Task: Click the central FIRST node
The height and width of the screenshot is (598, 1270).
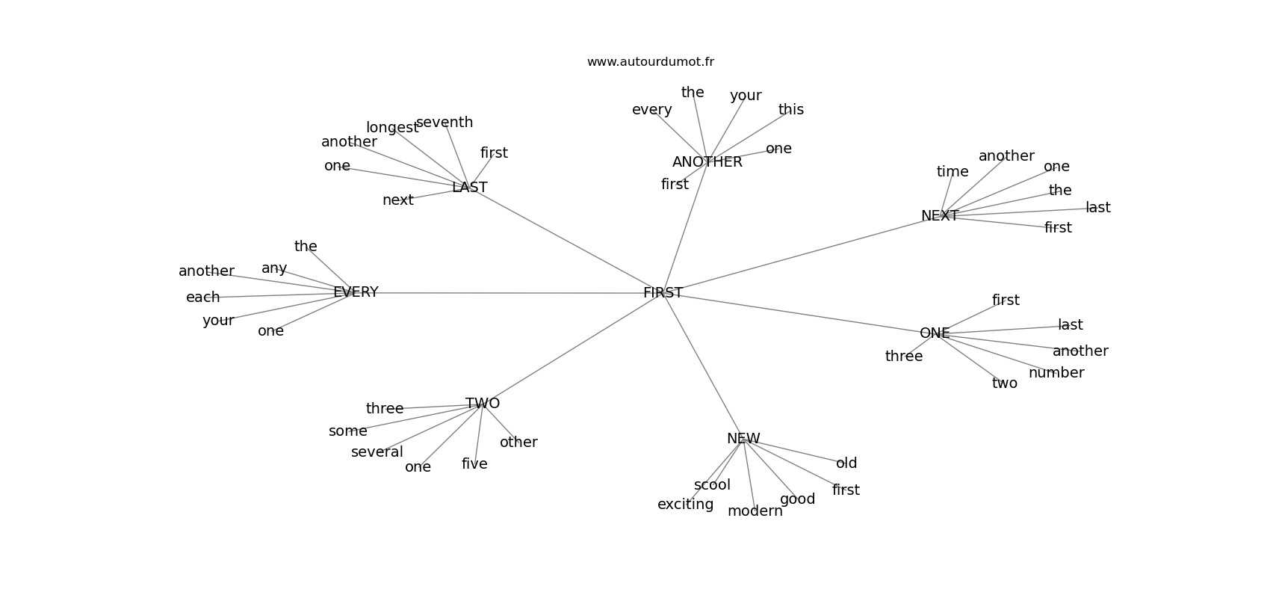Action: (663, 293)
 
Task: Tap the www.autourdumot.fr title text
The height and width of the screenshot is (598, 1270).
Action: (650, 62)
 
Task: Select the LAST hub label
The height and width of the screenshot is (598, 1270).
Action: (469, 188)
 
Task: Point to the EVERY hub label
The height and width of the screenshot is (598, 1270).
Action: (356, 292)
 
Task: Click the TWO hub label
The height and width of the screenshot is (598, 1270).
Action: (483, 404)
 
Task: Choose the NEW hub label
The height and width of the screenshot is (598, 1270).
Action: (743, 439)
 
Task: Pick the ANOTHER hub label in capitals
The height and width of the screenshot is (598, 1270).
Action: (707, 162)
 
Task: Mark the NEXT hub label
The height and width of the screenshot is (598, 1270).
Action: (939, 216)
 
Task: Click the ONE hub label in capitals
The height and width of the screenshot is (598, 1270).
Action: (935, 333)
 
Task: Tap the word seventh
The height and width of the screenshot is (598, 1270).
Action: (444, 123)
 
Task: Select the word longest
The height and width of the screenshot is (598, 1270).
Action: (392, 128)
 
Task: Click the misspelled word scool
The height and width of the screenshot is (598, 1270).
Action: (712, 485)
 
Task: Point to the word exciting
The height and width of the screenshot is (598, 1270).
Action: (685, 505)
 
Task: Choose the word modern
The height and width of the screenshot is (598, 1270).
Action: (755, 511)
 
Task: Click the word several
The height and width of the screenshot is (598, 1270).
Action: (377, 452)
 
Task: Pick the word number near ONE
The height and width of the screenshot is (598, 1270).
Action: (1056, 373)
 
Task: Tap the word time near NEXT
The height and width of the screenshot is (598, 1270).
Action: (952, 172)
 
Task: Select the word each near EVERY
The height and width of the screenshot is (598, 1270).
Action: (202, 298)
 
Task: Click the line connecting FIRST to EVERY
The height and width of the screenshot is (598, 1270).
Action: (508, 293)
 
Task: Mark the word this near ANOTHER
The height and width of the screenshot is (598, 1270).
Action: (790, 110)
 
